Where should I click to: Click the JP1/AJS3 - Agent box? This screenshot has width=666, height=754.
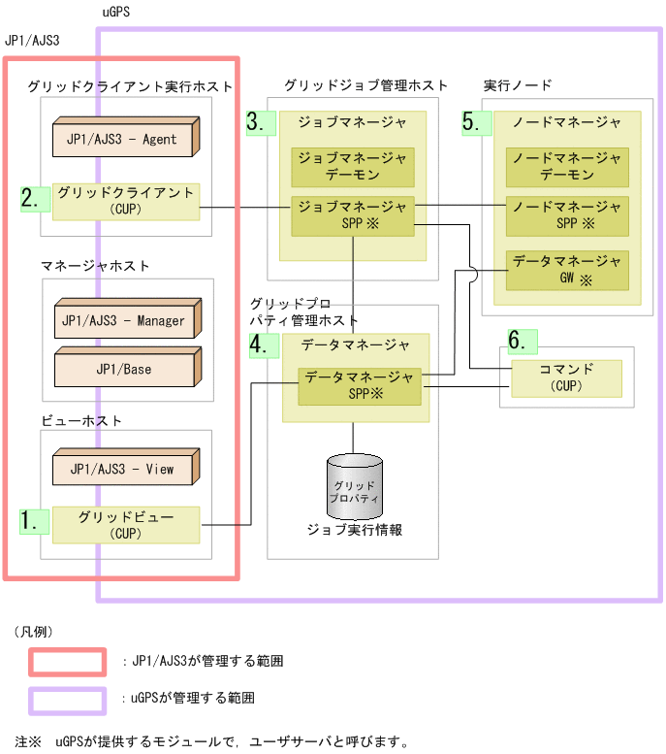(x=124, y=138)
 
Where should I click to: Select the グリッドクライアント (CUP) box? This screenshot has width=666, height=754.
(x=125, y=201)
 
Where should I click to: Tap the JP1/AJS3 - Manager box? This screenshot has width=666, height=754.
(x=122, y=320)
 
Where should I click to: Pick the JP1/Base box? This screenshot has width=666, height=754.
(x=122, y=368)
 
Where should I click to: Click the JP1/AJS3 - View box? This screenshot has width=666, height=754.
(x=122, y=468)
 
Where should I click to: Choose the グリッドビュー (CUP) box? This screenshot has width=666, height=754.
(x=125, y=525)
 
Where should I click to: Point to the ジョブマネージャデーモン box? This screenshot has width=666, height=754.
(x=352, y=167)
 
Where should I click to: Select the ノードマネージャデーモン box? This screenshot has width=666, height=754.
(x=567, y=167)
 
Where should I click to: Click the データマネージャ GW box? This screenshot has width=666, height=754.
(x=567, y=269)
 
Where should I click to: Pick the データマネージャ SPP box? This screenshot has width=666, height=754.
(x=353, y=386)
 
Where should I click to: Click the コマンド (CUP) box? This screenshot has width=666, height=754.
(x=565, y=377)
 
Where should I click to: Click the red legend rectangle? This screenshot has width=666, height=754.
(x=67, y=661)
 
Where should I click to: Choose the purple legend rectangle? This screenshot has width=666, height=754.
(x=67, y=700)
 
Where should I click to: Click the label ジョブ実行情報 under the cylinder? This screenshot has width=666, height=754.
(x=354, y=530)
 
